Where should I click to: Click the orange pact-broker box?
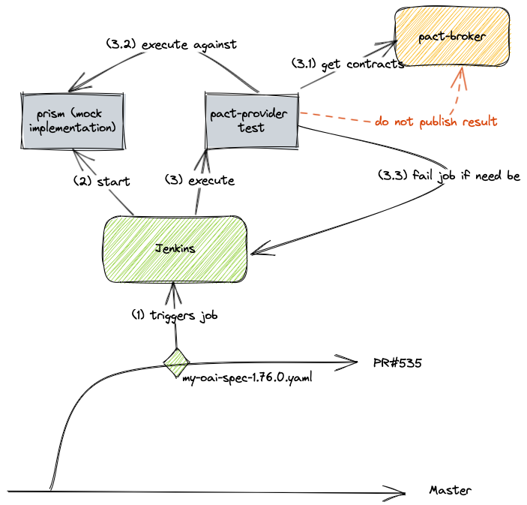454,37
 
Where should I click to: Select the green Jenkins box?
175,248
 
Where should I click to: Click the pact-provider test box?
251,121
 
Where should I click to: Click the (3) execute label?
199,181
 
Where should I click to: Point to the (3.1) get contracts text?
348,64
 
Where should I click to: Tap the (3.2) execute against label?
172,44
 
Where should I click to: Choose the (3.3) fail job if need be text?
448,176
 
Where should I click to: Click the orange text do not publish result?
436,121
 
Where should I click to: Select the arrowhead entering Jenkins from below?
174,288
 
